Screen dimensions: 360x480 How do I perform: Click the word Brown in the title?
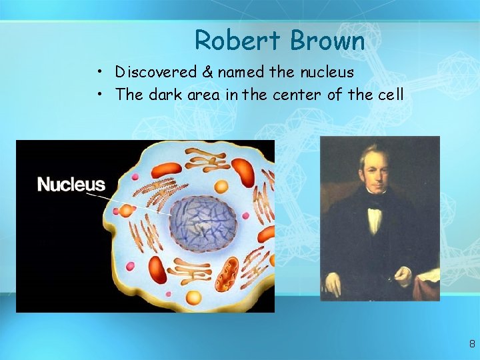[x=327, y=41]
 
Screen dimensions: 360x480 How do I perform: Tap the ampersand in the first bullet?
[x=207, y=72]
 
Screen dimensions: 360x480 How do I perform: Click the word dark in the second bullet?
[x=166, y=95]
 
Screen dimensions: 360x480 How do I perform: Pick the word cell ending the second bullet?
[x=391, y=95]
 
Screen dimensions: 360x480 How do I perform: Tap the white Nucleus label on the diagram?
[x=71, y=184]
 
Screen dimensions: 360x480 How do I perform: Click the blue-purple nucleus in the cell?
[x=203, y=222]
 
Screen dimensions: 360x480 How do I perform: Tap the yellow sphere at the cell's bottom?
[x=193, y=297]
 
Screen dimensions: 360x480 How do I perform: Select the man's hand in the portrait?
[x=403, y=274]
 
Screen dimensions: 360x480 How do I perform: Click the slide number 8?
[x=472, y=345]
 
